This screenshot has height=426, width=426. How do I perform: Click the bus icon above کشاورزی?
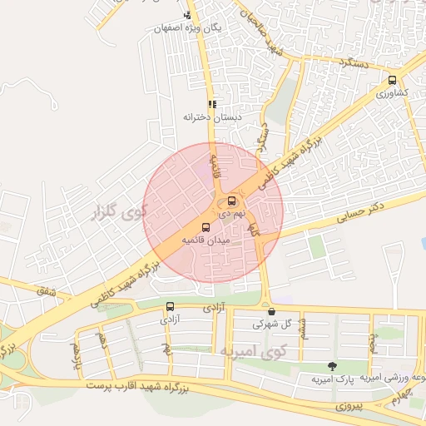(392, 81)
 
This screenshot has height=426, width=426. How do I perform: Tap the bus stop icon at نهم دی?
(231, 201)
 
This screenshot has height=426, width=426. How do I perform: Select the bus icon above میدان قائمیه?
(206, 227)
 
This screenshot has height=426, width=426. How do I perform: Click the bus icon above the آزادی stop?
(171, 306)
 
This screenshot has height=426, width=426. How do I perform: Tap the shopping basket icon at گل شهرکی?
(271, 311)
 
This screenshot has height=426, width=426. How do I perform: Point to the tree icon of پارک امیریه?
(333, 366)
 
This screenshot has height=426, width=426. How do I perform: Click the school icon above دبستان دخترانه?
(212, 105)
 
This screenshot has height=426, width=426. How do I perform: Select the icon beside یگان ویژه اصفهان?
(188, 15)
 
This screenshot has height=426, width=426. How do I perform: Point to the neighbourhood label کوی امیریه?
(247, 352)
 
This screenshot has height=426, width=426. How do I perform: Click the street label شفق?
(43, 290)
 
